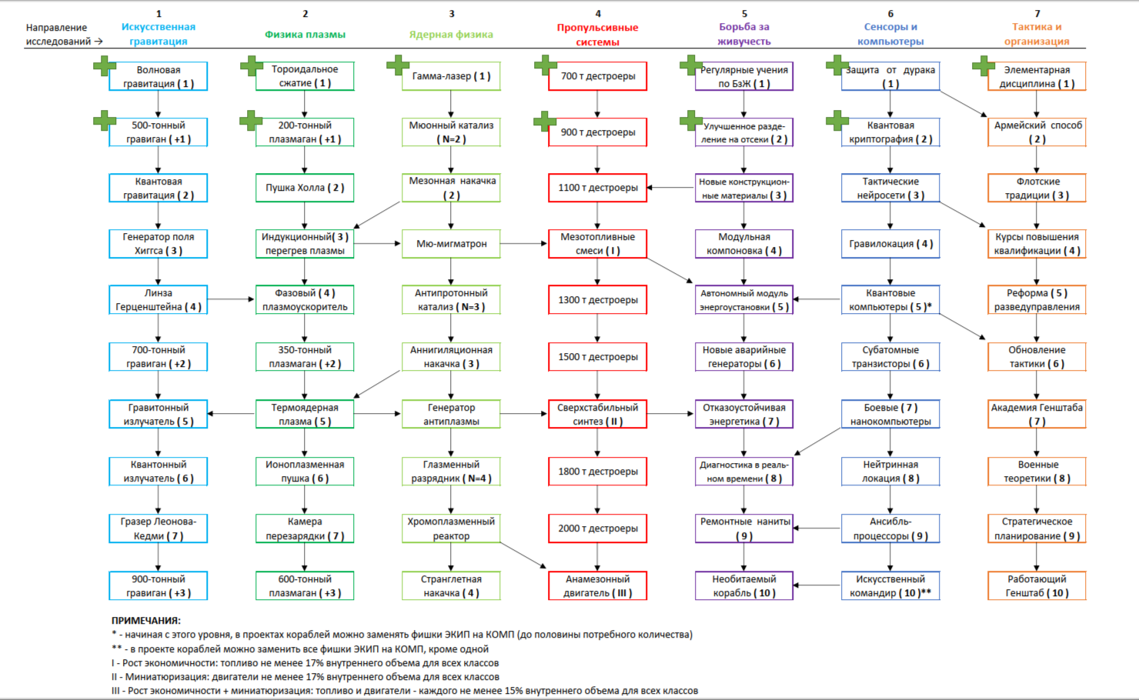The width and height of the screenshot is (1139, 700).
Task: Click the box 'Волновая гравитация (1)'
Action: tap(158, 76)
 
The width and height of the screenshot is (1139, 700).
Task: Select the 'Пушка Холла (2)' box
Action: tap(305, 188)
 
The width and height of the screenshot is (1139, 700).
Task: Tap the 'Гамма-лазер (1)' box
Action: tap(451, 76)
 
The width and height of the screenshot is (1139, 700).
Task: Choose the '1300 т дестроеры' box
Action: tap(597, 300)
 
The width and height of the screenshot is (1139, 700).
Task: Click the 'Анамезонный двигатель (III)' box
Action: tap(597, 585)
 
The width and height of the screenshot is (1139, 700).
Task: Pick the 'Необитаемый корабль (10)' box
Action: tap(744, 585)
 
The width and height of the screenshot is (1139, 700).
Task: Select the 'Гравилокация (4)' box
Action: tap(890, 244)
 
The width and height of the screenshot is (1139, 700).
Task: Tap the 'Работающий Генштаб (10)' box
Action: tap(1037, 585)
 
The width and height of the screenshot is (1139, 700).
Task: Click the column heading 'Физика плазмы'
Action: tap(305, 35)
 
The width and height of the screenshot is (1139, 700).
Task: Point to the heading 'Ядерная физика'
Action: tap(451, 35)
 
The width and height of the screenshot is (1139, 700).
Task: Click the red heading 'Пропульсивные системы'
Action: tap(597, 35)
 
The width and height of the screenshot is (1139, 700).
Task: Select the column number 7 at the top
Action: tap(1037, 14)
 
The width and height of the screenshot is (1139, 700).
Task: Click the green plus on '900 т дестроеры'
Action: tap(545, 121)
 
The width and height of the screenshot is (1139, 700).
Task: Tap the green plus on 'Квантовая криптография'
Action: tap(837, 121)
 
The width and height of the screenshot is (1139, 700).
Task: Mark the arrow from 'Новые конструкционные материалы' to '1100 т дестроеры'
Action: tap(670, 188)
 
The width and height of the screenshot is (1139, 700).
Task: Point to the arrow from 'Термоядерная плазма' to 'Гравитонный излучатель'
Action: tap(232, 414)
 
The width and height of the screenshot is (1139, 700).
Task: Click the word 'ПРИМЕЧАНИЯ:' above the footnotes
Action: tap(146, 621)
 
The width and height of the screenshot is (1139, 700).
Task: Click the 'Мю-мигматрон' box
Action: tap(451, 244)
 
